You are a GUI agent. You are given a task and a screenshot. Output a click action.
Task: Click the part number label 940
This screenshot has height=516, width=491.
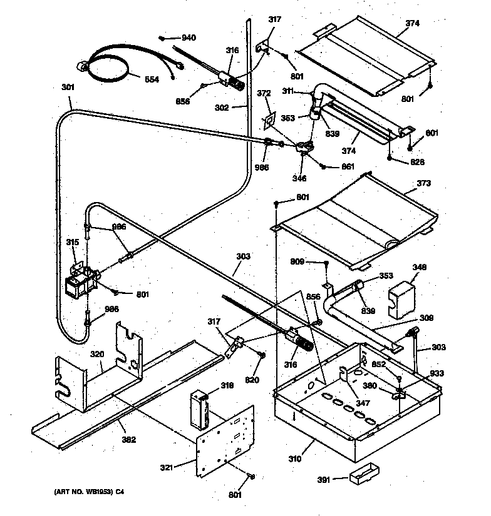point(189,38)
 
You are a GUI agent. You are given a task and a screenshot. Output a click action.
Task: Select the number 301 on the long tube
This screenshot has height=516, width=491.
point(68,88)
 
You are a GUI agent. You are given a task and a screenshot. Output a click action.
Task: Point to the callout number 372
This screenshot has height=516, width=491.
point(264,94)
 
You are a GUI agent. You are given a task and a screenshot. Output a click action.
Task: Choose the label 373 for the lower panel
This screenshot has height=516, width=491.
point(424,184)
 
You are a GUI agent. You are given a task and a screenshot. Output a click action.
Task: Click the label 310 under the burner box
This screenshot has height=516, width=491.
point(294,459)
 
